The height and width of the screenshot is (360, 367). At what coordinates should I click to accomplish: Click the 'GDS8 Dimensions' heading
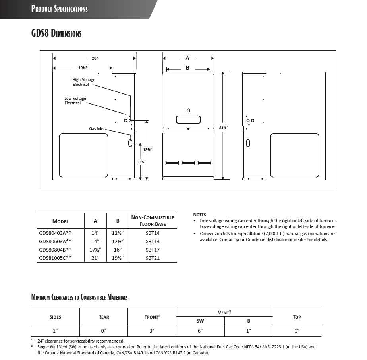pos(56,33)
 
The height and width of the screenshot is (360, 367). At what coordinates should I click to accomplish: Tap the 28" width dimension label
pos(95,58)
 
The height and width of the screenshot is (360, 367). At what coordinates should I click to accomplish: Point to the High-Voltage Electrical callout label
pos(84,82)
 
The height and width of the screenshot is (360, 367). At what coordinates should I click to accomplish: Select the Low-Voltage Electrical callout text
pos(75,101)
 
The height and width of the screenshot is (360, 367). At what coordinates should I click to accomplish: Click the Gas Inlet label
pos(97,129)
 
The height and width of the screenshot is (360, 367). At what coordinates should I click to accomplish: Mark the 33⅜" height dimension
pos(224,127)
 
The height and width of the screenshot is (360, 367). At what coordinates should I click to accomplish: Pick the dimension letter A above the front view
pos(187,58)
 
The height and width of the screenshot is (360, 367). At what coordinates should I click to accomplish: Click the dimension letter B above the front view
pos(187,68)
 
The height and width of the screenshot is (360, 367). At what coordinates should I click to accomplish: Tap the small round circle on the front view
pos(188,110)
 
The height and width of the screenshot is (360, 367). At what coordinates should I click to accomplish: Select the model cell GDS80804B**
pos(55,250)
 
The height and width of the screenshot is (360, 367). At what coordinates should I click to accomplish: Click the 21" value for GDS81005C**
pos(95,258)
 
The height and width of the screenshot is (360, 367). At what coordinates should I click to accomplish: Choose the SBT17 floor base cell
pos(153,250)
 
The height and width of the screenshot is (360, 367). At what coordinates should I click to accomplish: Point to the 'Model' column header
pos(60,221)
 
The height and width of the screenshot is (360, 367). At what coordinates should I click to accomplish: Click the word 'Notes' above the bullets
pos(199,215)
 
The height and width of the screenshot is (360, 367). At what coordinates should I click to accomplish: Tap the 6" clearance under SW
pos(200,331)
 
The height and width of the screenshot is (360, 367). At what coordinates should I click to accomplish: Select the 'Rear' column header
pos(103,317)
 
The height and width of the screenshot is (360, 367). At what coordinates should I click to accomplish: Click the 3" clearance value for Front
pos(152,331)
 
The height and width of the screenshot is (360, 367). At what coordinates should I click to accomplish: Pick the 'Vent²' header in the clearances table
pos(224,313)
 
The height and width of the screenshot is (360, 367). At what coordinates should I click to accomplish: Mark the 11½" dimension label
pos(141,162)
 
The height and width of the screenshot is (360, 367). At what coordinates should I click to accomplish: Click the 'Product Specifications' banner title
pos(60,9)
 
